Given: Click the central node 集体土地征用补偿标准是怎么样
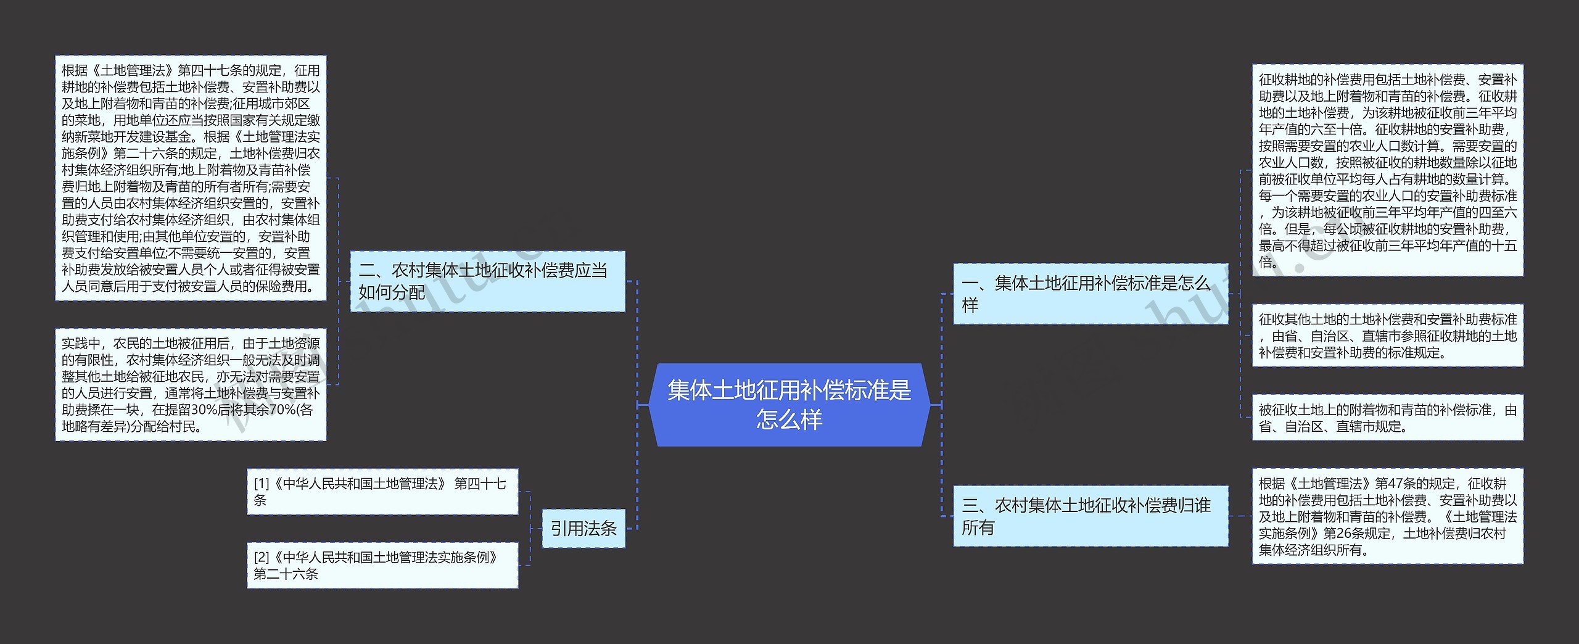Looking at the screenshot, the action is point(789,405).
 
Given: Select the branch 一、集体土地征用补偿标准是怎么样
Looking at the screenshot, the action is point(1090,294).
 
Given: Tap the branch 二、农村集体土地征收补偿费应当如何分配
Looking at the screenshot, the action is point(487,281).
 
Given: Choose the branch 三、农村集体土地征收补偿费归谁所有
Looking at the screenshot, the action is point(1090,516).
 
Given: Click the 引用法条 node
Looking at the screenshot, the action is point(583,528).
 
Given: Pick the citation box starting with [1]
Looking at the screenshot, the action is point(382,492).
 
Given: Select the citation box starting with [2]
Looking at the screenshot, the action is point(382,565).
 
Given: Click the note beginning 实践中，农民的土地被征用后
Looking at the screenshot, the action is point(191,384).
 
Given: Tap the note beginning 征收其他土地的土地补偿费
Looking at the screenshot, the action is point(1387,336).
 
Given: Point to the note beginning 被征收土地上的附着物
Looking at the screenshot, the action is point(1387,418).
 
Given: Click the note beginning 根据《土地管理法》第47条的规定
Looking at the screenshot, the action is point(1387,516).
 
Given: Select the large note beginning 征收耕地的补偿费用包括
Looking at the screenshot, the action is point(1387,170).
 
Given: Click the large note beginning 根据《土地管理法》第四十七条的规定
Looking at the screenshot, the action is point(191,178).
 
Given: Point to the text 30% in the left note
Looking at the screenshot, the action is point(202,410).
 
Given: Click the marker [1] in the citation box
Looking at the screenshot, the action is point(261,484).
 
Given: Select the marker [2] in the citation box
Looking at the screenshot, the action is point(261,557).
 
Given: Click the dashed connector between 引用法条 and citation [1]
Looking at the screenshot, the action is point(530,510).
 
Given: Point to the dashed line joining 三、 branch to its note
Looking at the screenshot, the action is point(1240,516).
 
